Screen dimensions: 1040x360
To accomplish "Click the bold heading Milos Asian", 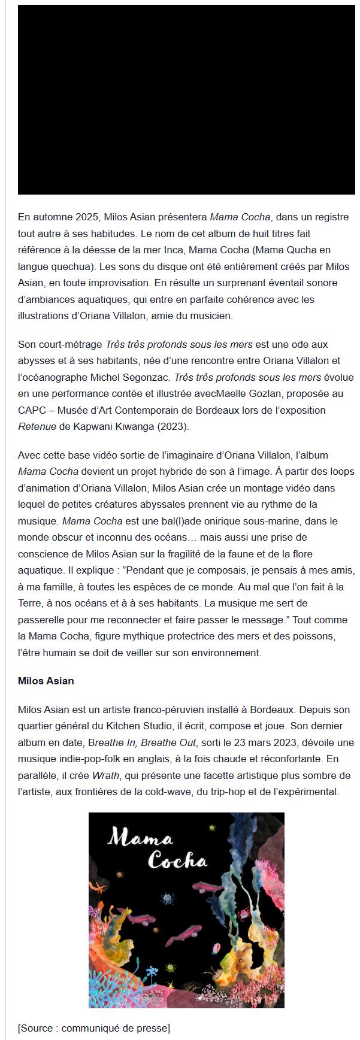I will [x=46, y=681].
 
